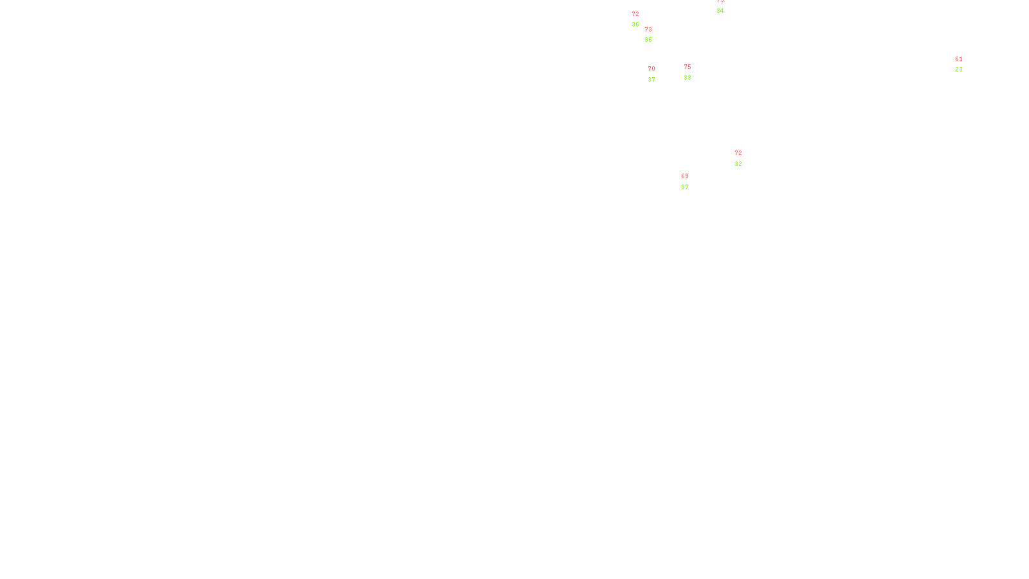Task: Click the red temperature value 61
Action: click(959, 59)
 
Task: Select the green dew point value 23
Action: click(959, 69)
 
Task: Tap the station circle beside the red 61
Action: click(965, 64)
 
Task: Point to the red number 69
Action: click(685, 176)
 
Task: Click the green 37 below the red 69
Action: click(685, 187)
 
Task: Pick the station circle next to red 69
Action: click(691, 181)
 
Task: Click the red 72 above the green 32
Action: click(738, 153)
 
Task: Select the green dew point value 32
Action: click(738, 164)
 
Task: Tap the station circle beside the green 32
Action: click(744, 158)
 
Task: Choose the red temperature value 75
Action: click(688, 67)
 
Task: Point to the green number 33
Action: click(688, 78)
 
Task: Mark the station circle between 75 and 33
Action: click(694, 72)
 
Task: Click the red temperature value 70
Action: click(651, 69)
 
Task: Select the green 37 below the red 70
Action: click(651, 80)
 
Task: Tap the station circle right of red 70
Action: click(658, 75)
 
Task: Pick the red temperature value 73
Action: click(648, 30)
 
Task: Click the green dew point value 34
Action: click(720, 11)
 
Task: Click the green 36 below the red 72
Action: click(635, 24)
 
